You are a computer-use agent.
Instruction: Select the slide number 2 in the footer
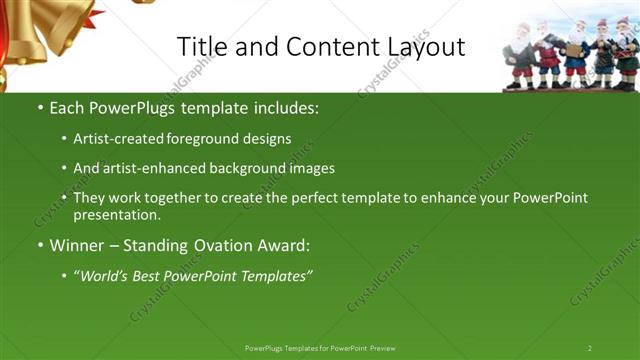pyautogui.click(x=589, y=348)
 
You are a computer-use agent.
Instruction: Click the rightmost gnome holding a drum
pyautogui.click(x=627, y=55)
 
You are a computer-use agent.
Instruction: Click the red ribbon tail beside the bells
pyautogui.click(x=92, y=16)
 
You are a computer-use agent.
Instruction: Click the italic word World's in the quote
pyautogui.click(x=106, y=275)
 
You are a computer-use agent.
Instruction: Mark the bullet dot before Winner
pyautogui.click(x=40, y=246)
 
